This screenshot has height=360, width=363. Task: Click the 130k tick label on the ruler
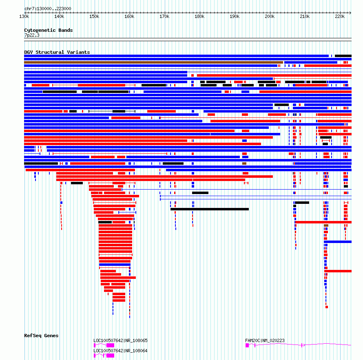[x=24, y=16]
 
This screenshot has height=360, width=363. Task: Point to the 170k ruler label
[x=164, y=16]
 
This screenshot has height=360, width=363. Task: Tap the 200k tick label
[x=270, y=16]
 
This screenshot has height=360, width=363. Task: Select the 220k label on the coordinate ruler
[x=340, y=16]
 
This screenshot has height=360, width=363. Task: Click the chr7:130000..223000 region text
[x=48, y=9]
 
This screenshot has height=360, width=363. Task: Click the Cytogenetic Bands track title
[x=49, y=30]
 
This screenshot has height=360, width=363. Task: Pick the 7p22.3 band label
[x=32, y=35]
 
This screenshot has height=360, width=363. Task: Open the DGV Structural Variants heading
[x=57, y=52]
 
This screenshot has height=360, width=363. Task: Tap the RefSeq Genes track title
[x=41, y=336]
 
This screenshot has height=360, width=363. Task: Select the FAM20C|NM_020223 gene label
[x=265, y=340]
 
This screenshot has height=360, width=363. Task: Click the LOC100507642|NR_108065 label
[x=120, y=340]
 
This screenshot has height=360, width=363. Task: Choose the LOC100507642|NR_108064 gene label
[x=120, y=351]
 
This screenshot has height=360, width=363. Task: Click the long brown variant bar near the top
[x=153, y=62]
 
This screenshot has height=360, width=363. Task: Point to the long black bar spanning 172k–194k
[x=210, y=209]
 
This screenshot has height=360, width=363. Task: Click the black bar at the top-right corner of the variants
[x=343, y=56]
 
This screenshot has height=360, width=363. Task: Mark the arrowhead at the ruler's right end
[x=350, y=13]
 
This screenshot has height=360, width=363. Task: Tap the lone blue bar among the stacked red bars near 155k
[x=115, y=265]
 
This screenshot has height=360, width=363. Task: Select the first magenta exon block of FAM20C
[x=247, y=345]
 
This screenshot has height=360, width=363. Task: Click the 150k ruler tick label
[x=94, y=16]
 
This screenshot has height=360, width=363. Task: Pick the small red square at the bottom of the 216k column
[x=327, y=307]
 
